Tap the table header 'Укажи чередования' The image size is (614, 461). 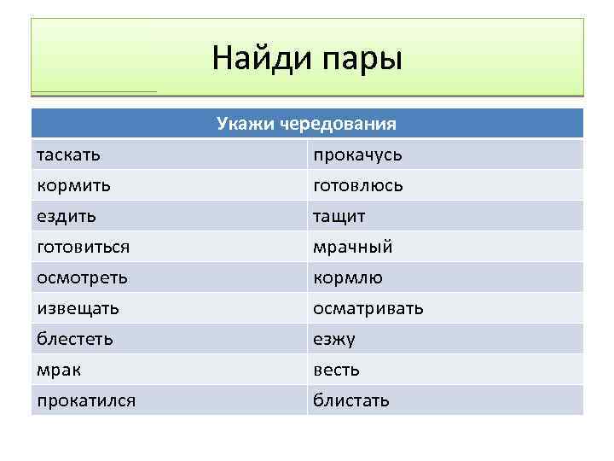(307, 124)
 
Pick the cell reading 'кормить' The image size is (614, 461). (73, 185)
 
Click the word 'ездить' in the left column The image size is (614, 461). (67, 216)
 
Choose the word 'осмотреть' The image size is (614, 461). (83, 277)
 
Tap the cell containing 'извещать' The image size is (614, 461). (78, 308)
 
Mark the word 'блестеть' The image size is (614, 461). (75, 339)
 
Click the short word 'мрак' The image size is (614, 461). (59, 370)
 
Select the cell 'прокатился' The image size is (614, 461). (86, 400)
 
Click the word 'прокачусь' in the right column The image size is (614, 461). (357, 155)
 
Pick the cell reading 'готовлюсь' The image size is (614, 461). (358, 185)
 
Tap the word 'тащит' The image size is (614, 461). (339, 216)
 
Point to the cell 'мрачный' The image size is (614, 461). (353, 247)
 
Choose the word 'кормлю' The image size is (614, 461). (348, 277)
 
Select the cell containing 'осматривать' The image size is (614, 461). (368, 308)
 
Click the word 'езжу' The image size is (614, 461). (334, 339)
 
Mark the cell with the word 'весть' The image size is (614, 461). (336, 370)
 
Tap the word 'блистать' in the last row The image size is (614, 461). (351, 400)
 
